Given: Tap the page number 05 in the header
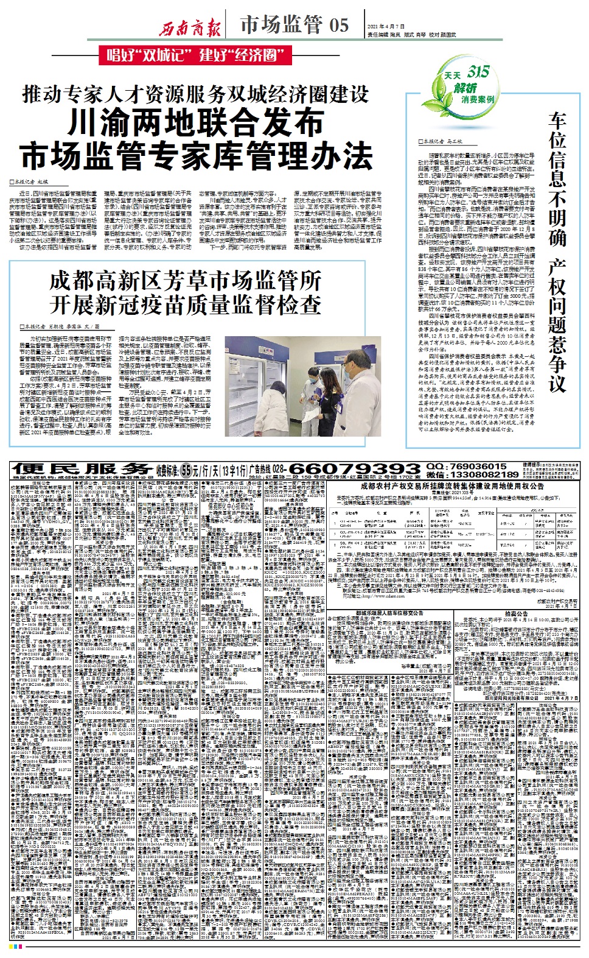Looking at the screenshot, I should [339, 25].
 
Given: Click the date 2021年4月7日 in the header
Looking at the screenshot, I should [386, 27].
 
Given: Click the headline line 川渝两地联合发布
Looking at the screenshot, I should [196, 122].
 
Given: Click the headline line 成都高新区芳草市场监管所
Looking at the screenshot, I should [185, 281].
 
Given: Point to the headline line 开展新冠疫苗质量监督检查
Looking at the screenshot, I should [185, 304].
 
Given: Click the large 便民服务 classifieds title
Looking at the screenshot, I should [82, 469].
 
